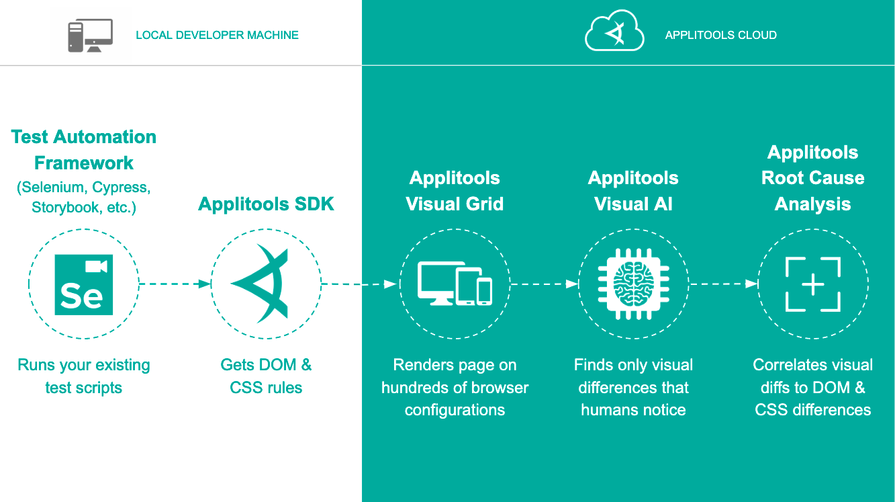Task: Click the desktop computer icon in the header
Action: [x=90, y=35]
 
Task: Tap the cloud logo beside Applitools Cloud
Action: [x=614, y=34]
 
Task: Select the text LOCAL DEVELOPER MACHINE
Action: [x=217, y=35]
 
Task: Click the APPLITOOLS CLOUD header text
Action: [x=720, y=35]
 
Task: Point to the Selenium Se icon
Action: [x=84, y=284]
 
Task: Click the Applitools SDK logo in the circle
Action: [x=264, y=284]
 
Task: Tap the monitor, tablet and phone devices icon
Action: [x=455, y=283]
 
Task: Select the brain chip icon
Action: [x=633, y=284]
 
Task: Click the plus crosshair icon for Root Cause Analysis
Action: [x=812, y=284]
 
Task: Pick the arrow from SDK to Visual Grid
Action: [x=360, y=284]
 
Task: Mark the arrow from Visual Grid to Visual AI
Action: [x=544, y=284]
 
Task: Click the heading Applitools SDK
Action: [x=266, y=204]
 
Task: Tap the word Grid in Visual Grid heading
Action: [x=481, y=204]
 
